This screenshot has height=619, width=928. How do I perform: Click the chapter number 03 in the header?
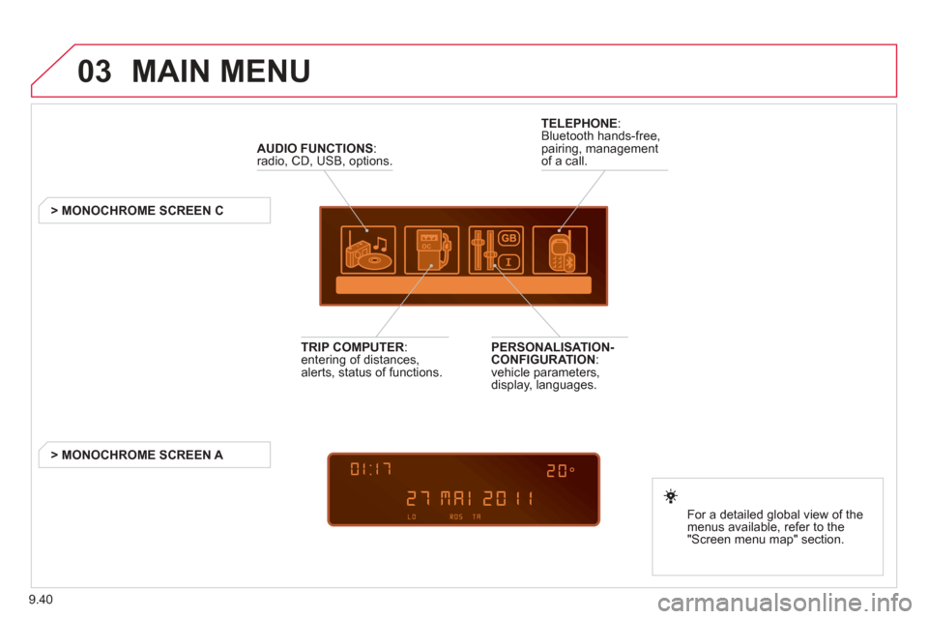click(94, 71)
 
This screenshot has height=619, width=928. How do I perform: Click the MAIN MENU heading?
click(220, 71)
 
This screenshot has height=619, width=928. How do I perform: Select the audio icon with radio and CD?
click(368, 250)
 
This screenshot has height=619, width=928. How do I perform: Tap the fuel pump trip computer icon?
click(431, 250)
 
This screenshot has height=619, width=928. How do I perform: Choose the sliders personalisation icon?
click(496, 250)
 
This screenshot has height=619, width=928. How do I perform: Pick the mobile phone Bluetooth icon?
click(560, 250)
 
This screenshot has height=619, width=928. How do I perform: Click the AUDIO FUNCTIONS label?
click(315, 148)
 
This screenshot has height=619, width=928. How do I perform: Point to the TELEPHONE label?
click(579, 123)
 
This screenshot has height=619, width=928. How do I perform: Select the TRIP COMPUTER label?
click(352, 347)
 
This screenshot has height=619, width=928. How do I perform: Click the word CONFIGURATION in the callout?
click(543, 360)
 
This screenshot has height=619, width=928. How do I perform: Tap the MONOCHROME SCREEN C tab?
click(155, 210)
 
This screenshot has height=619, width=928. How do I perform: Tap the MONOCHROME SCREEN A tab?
click(155, 455)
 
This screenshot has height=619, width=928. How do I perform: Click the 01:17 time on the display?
click(371, 470)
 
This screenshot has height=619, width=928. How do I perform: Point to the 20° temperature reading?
click(561, 471)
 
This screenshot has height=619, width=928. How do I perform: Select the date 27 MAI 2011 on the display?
click(470, 498)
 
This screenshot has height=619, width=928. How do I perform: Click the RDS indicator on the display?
click(455, 517)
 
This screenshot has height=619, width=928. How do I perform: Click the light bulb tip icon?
click(671, 496)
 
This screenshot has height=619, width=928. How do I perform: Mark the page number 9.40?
click(41, 600)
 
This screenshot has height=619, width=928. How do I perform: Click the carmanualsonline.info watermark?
click(785, 603)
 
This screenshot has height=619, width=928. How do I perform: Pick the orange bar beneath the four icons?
click(463, 285)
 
